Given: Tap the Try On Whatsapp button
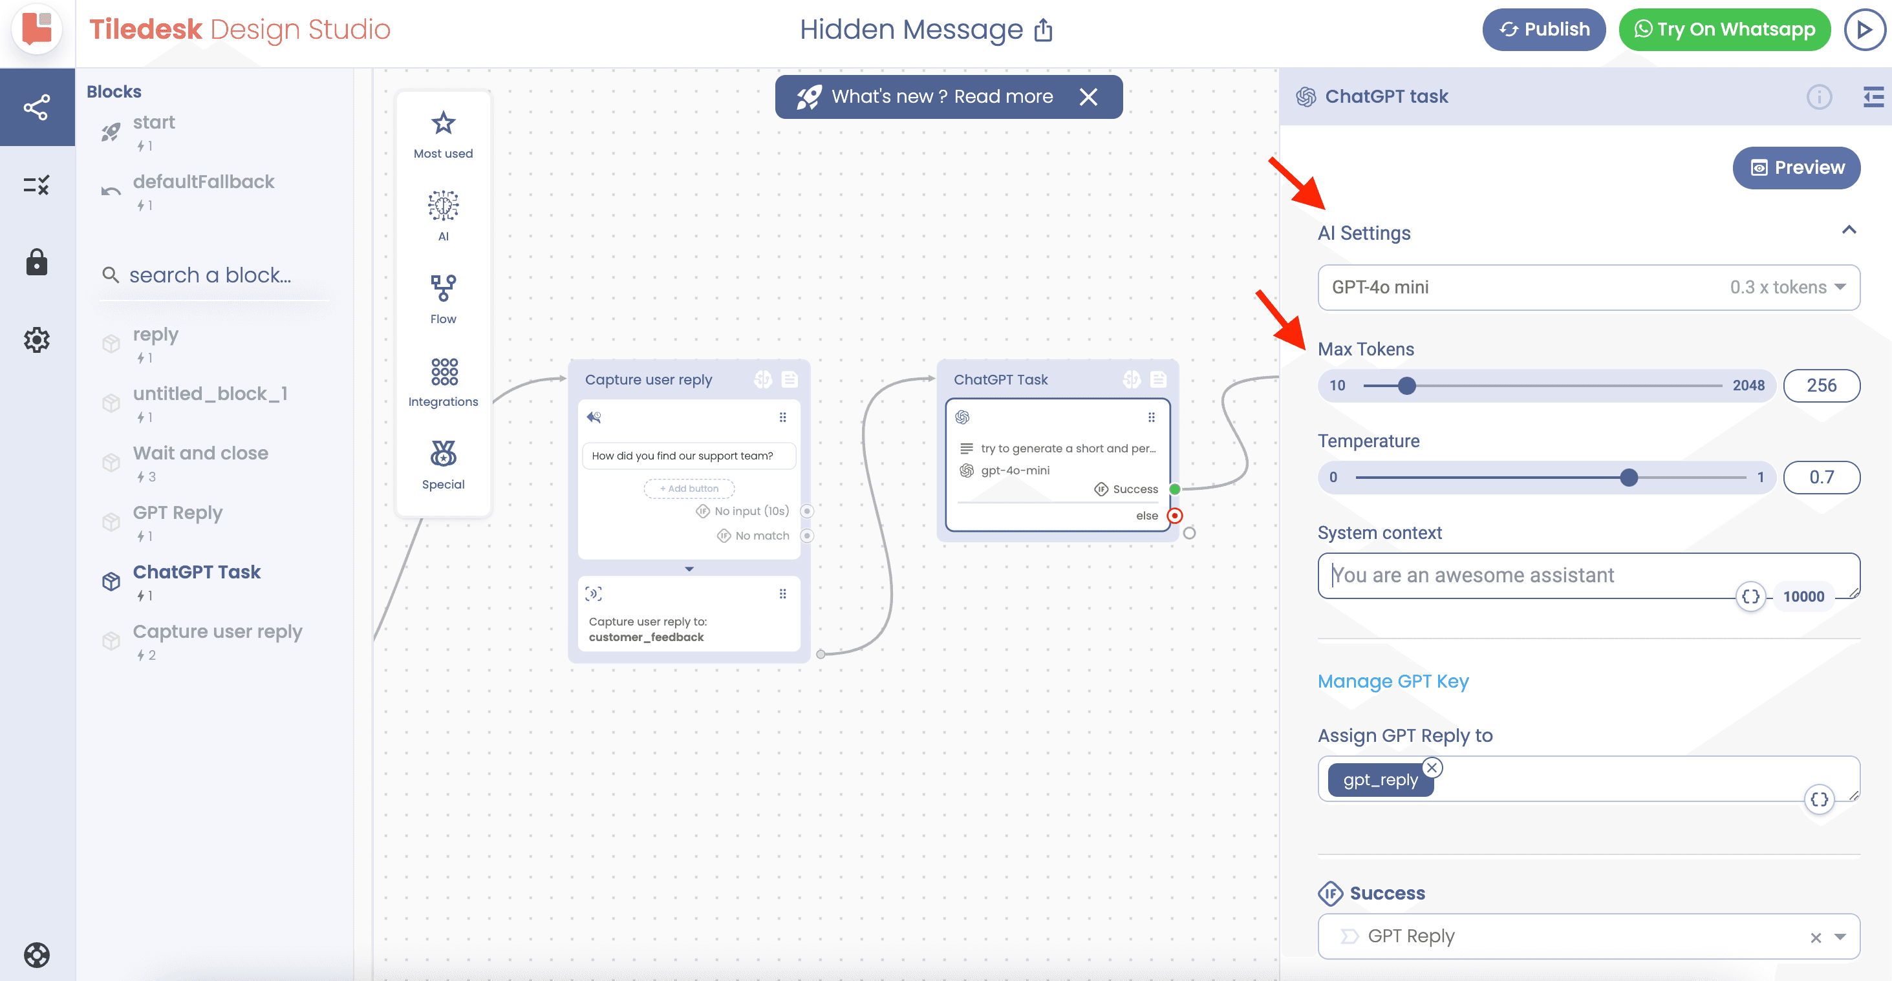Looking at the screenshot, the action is point(1724,29).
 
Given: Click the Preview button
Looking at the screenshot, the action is point(1796,168).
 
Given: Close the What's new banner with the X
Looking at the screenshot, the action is point(1088,97).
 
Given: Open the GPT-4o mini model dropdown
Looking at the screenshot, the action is point(1589,287).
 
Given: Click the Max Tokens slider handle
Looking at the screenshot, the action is point(1406,386).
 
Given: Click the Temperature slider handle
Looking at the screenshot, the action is point(1629,478).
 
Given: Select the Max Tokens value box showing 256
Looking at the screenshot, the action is point(1822,386).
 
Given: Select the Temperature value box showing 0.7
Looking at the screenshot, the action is point(1822,478).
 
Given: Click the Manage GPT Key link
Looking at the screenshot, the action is point(1393,681).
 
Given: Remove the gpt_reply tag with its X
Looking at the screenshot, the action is point(1432,767).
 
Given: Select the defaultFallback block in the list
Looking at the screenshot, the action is point(204,182).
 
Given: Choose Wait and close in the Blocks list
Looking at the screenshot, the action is point(200,454).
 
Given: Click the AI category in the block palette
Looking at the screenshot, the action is point(443,215).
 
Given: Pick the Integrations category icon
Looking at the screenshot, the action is point(444,372).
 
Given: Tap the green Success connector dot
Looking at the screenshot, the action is point(1174,489).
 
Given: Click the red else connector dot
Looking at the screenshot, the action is point(1175,516).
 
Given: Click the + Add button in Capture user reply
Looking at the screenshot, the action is point(689,489).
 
